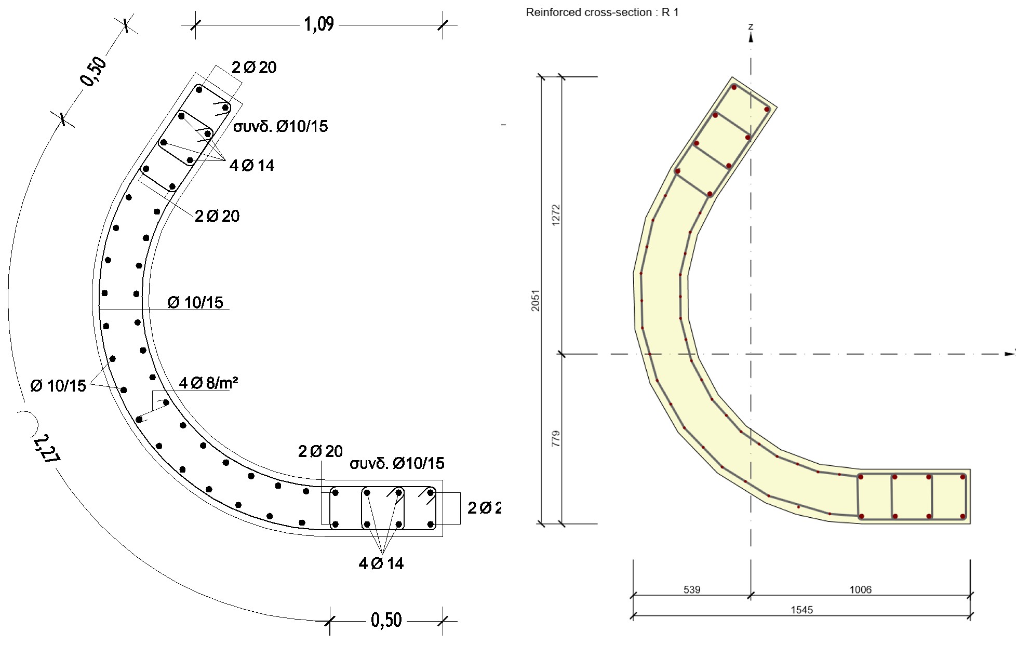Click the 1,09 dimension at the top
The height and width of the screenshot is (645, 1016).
click(318, 24)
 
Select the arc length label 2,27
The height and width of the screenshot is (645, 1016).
click(46, 448)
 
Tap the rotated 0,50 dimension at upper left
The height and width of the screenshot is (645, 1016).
click(93, 71)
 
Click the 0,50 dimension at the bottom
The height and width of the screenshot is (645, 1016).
click(386, 620)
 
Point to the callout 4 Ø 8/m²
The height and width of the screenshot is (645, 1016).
click(208, 383)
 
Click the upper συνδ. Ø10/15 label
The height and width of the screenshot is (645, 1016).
click(280, 126)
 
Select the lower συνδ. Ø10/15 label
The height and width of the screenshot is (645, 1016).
click(397, 463)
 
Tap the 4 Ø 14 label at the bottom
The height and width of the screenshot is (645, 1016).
click(381, 563)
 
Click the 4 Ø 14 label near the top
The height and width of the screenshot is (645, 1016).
click(251, 166)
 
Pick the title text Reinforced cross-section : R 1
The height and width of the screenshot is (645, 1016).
click(601, 12)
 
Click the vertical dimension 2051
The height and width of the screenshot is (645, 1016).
click(535, 300)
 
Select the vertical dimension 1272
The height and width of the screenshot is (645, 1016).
click(556, 214)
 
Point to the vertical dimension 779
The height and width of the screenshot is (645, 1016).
click(556, 438)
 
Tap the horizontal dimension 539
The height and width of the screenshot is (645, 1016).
click(691, 589)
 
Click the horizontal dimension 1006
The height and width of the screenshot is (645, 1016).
click(860, 589)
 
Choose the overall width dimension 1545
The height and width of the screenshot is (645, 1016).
click(801, 610)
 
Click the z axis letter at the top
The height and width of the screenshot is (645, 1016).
click(751, 26)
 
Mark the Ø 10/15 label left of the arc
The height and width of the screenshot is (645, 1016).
click(58, 386)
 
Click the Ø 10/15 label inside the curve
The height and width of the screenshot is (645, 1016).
click(195, 302)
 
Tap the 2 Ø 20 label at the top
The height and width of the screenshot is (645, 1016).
click(254, 68)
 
